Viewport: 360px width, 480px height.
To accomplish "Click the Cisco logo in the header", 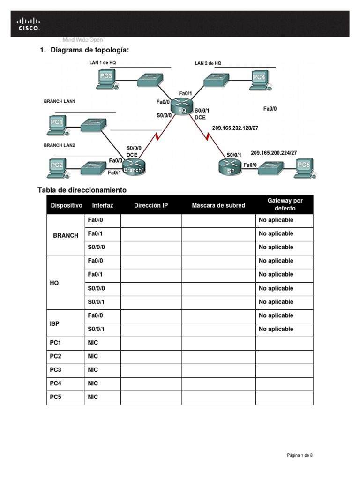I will (x=29, y=23).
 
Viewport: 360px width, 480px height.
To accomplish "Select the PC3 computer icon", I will (x=106, y=78).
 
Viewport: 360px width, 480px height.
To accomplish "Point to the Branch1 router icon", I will (x=135, y=167).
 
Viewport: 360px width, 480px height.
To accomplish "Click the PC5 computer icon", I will (x=303, y=167).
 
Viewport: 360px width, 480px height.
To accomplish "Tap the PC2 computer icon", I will (x=57, y=167).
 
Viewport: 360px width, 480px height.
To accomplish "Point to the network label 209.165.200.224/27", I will (x=274, y=153).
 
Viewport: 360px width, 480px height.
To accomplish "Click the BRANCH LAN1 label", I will (x=60, y=101).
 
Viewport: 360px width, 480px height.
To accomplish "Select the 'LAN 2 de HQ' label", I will (x=208, y=63).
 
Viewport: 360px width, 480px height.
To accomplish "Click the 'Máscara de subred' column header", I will (x=218, y=205).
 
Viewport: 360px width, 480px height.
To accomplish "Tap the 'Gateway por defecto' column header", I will (x=285, y=204).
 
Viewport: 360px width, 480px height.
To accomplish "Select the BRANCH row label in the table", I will (x=66, y=235).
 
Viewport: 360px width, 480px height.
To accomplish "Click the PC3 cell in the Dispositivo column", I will (x=56, y=370).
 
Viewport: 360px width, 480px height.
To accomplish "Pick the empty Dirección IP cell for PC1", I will (x=151, y=343).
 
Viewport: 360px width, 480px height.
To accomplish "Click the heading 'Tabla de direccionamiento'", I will (x=82, y=190).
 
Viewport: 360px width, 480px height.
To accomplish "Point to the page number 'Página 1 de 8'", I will (x=300, y=455).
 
